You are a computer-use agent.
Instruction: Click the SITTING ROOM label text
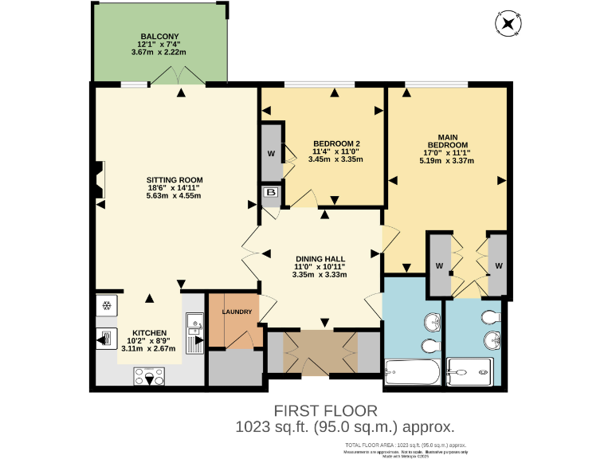point(174,179)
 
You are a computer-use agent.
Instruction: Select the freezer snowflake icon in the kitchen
point(106,306)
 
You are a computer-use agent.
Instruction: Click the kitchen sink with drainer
point(194,333)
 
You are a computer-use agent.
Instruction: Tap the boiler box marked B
point(270,193)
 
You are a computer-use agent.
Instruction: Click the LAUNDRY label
point(237,312)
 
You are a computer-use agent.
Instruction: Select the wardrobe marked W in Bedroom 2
point(271,153)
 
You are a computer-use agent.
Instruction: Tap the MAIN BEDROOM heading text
point(446,141)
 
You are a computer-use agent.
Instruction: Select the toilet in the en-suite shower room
point(491,317)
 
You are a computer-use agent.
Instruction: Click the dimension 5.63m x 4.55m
point(174,196)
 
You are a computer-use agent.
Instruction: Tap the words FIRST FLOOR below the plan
point(325,410)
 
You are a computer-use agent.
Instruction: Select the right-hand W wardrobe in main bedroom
point(498,265)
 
